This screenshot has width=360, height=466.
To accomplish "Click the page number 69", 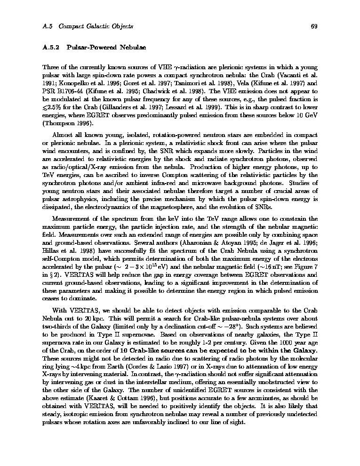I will pos(314,26).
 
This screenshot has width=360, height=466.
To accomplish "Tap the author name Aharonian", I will pos(206,243).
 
